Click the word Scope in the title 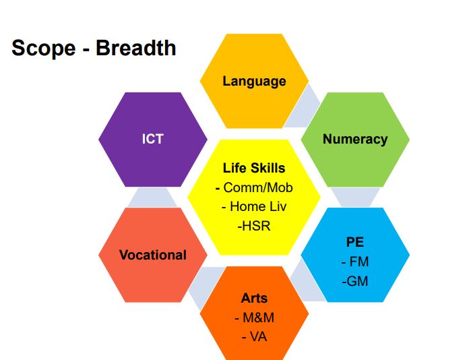point(44,49)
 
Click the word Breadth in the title point(135,48)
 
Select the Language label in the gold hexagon point(254,82)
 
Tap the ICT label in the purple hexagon point(152,139)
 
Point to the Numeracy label point(355,140)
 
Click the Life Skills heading point(254,168)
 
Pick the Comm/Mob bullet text point(257,187)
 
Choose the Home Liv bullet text point(258,207)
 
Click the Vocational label point(153,255)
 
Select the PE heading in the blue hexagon point(355,242)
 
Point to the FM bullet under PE point(358,262)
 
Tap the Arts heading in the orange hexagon point(254,299)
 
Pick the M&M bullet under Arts point(258,318)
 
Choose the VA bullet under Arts point(258,337)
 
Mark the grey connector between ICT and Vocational point(152,198)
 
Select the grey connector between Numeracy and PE point(355,198)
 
